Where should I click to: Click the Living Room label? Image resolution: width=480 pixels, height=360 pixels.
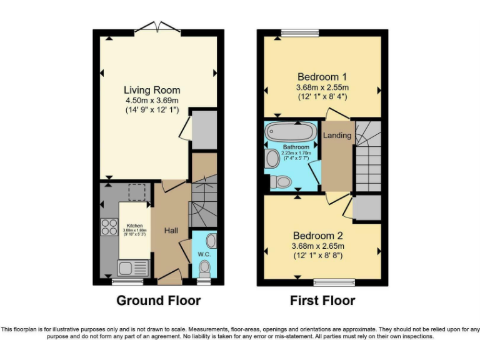(152, 90)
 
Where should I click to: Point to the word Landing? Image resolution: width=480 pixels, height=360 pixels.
(337, 136)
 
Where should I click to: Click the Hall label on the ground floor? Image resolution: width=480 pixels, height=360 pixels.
(171, 231)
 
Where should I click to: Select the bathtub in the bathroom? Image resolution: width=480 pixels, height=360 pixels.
(286, 132)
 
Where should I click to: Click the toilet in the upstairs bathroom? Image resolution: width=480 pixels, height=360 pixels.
(281, 182)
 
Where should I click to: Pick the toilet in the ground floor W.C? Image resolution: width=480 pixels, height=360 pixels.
(204, 268)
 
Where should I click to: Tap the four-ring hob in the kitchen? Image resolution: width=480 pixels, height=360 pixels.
(109, 227)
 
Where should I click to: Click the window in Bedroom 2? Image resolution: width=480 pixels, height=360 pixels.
(331, 281)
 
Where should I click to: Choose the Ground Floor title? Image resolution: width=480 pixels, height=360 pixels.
(159, 301)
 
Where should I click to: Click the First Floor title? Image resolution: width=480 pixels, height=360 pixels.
(322, 301)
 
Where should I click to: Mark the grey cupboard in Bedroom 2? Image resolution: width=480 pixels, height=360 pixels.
(367, 208)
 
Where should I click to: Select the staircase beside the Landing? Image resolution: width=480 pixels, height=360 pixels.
(367, 156)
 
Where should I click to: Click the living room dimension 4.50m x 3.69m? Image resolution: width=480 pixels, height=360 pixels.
(152, 101)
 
